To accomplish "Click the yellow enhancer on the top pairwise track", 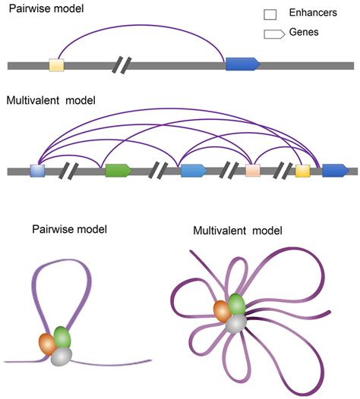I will (56, 65).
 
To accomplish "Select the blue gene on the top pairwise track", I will (242, 65).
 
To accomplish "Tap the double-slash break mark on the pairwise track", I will (122, 65).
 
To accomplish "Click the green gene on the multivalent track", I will (118, 171).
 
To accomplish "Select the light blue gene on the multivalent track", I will (193, 171).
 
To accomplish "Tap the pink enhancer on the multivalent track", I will (253, 171).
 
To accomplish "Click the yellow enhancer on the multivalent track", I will (302, 171).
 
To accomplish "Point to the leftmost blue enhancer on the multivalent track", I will (37, 171).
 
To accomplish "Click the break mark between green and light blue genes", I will (160, 171).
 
